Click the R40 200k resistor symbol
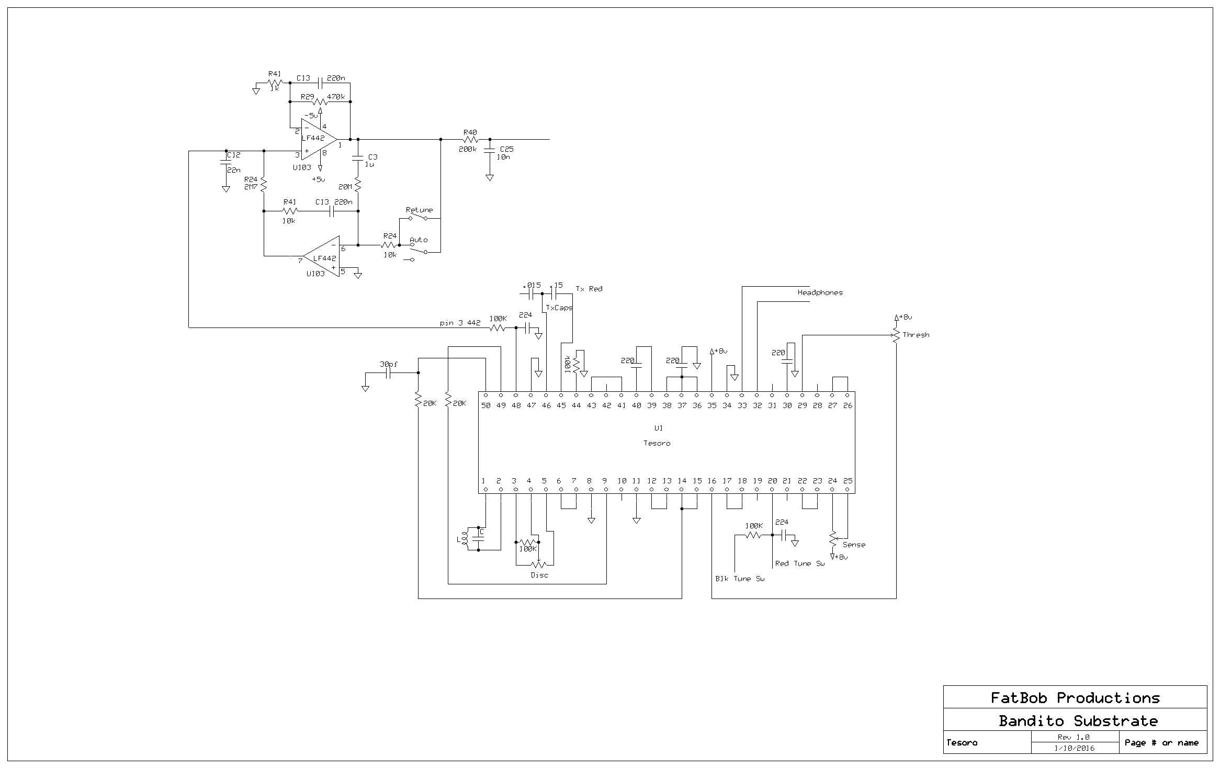click(470, 140)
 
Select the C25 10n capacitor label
click(505, 153)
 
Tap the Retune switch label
click(419, 210)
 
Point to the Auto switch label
click(419, 240)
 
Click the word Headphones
click(820, 292)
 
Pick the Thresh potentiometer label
click(916, 335)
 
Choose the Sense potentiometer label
click(854, 545)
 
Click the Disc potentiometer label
click(539, 575)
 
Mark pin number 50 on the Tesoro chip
click(486, 405)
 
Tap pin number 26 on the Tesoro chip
click(848, 405)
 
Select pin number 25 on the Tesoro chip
click(848, 481)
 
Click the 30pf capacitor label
click(388, 364)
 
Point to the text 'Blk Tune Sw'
click(740, 579)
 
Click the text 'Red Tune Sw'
click(799, 563)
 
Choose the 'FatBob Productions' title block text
click(1075, 698)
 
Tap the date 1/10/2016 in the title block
click(1075, 748)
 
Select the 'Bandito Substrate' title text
click(1078, 721)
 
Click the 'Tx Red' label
click(589, 289)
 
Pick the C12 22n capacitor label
click(233, 162)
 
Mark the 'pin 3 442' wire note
click(460, 323)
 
